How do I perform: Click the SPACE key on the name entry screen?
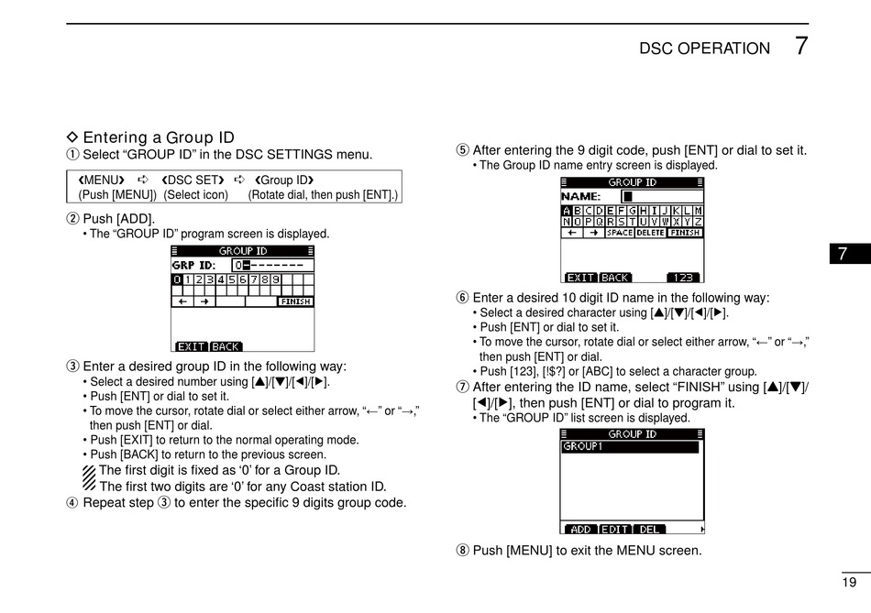click(x=620, y=233)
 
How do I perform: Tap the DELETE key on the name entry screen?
click(x=650, y=233)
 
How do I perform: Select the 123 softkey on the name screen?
click(x=682, y=278)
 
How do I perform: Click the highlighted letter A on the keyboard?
click(x=566, y=211)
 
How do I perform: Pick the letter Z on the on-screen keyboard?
click(x=699, y=222)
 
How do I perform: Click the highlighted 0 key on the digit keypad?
click(x=177, y=279)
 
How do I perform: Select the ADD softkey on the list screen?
click(x=580, y=530)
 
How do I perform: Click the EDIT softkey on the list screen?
click(x=615, y=530)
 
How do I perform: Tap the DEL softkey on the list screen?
click(x=649, y=530)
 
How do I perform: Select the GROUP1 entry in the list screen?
click(x=583, y=447)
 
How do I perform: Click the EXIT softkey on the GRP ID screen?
click(x=192, y=346)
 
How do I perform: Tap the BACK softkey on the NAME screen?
click(x=615, y=278)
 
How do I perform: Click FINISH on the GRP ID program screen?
click(x=295, y=301)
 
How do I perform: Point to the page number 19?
click(x=849, y=583)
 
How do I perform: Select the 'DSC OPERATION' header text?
click(x=704, y=49)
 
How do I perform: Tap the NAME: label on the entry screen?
click(x=581, y=196)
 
